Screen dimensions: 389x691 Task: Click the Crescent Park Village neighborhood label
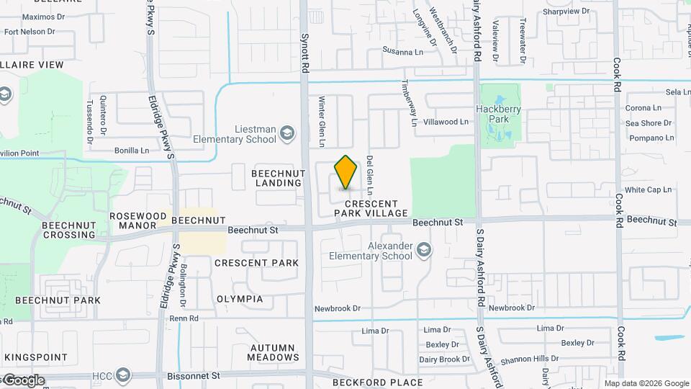point(371,207)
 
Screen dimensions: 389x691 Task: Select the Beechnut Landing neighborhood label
point(276,179)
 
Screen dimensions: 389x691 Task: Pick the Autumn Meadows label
point(273,352)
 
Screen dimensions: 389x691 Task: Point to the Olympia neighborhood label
point(240,299)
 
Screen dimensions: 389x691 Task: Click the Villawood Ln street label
point(446,122)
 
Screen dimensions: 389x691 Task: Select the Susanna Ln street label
point(402,52)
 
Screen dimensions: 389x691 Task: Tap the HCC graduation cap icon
point(123,375)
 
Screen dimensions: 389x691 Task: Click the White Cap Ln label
point(648,190)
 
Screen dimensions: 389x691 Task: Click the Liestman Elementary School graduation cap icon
point(287,133)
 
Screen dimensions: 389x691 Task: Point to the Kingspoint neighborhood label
point(35,357)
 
